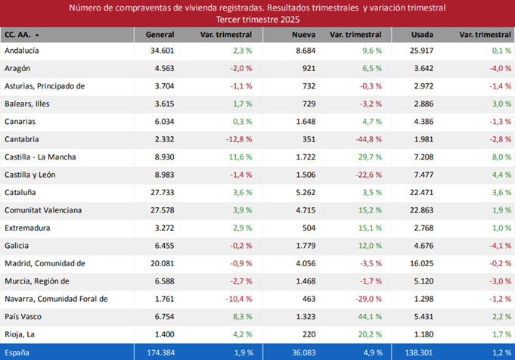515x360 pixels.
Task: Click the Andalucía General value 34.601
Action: pos(162,50)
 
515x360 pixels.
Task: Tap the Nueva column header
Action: pos(304,35)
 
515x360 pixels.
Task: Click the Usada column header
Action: pos(422,35)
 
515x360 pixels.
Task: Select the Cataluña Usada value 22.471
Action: pos(420,192)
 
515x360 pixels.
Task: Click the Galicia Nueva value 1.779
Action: pos(303,246)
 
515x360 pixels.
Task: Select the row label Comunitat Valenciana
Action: pos(43,210)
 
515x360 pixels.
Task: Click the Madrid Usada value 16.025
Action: pos(420,263)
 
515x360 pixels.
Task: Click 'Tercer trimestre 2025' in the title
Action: pos(257,18)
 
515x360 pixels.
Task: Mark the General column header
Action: pos(160,35)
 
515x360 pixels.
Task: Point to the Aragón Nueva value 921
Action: pos(308,68)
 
